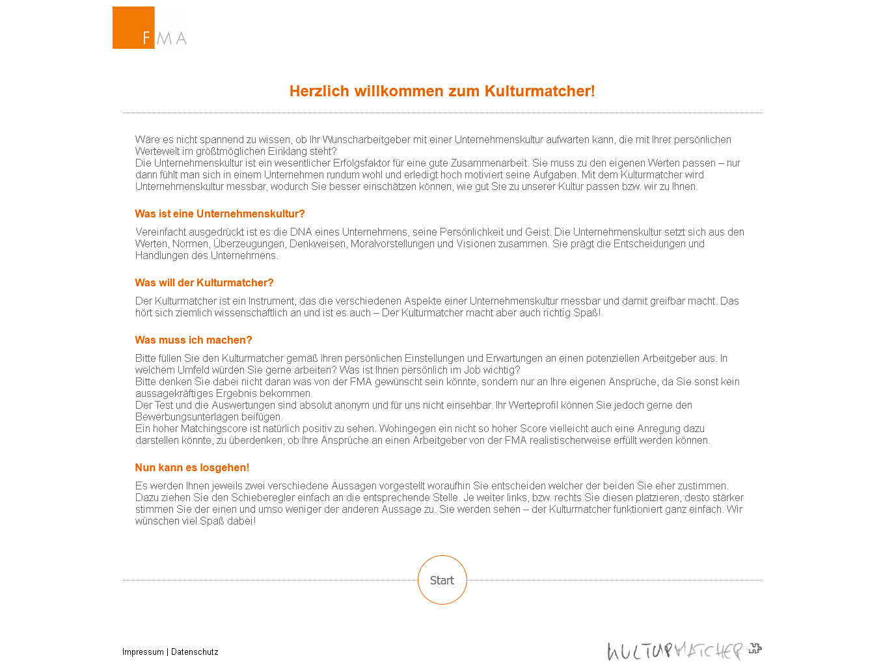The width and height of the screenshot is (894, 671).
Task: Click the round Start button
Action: tap(442, 580)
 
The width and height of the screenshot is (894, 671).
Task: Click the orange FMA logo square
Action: tap(133, 27)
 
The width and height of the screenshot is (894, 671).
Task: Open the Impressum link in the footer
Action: tap(143, 651)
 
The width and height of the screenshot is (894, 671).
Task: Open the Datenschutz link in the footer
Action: tap(195, 651)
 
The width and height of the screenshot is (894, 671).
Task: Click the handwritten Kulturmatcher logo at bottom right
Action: tap(675, 651)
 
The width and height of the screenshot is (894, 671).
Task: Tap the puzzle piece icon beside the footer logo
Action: tap(755, 648)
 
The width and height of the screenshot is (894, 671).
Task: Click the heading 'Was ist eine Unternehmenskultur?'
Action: tap(220, 213)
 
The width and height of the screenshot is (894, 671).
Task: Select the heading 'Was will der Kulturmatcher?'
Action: tap(204, 282)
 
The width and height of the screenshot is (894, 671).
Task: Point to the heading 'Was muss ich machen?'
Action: tap(193, 340)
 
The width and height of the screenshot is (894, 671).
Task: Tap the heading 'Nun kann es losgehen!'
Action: tap(192, 467)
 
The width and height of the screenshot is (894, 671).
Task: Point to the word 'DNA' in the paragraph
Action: tap(301, 232)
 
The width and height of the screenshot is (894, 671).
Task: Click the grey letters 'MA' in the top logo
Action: tap(172, 38)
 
